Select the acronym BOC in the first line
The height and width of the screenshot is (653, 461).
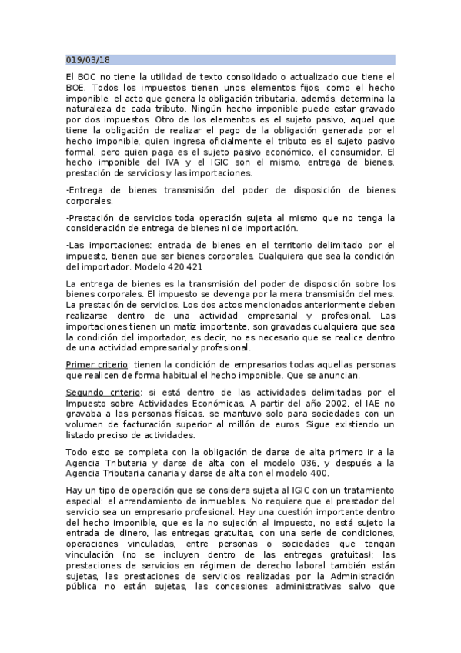tap(87, 77)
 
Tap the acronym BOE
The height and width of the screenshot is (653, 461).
tap(77, 88)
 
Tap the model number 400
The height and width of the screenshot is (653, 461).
tap(308, 473)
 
